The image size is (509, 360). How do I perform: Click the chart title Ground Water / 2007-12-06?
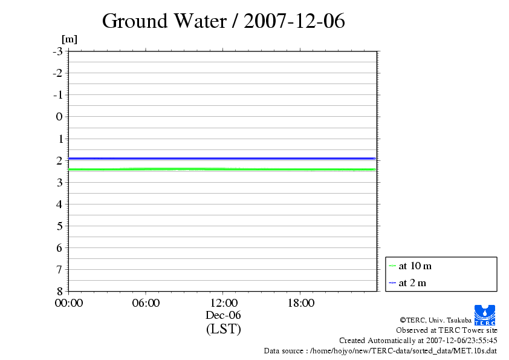pos(223,21)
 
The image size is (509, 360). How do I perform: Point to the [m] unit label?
pos(70,39)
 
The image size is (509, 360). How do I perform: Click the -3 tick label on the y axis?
pos(57,51)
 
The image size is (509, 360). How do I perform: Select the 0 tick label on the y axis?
pos(59,117)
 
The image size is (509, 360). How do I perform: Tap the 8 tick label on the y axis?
pos(59,291)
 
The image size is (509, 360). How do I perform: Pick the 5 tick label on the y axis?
pos(59,226)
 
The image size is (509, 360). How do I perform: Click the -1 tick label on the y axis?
pos(57,95)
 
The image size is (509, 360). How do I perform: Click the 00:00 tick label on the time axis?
pos(69,303)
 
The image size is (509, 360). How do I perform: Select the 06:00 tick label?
pos(146,303)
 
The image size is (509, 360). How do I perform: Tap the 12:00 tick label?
pos(223,303)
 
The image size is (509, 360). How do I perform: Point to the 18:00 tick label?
pos(300,303)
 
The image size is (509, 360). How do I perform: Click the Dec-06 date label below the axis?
pos(223,315)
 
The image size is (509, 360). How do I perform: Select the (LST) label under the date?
pos(223,329)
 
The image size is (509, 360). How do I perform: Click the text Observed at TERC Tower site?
pos(447,330)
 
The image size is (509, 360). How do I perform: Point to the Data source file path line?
pos(380,350)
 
